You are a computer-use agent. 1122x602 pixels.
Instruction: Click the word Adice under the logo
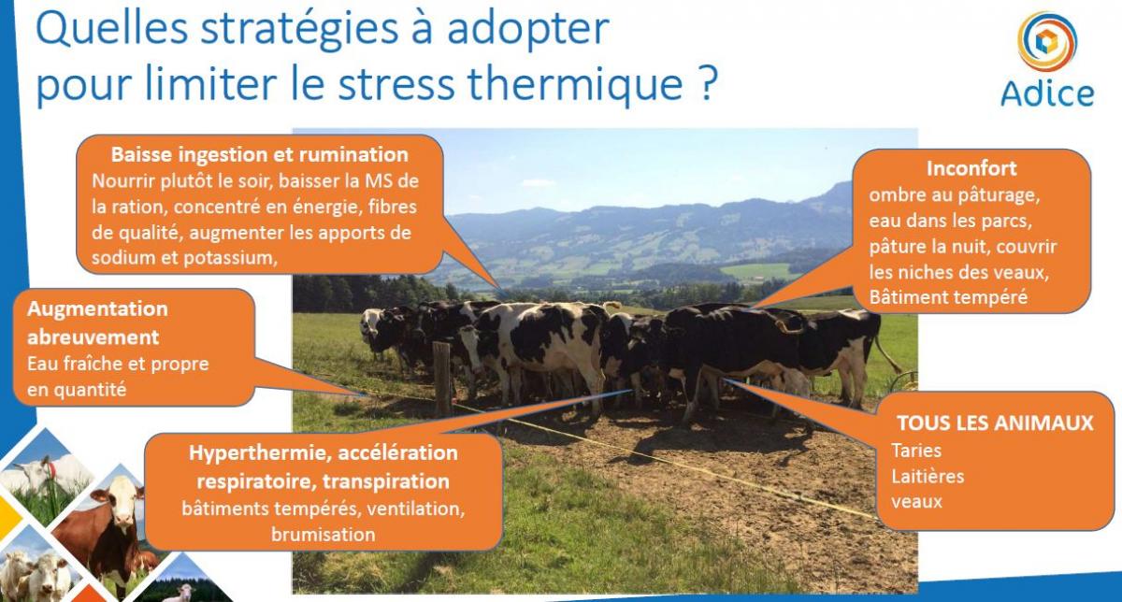coord(1047,93)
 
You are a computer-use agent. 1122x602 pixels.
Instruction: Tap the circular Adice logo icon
coord(1047,41)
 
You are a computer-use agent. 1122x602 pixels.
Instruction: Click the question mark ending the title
coord(707,81)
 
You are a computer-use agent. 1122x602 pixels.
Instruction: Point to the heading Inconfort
coord(971,168)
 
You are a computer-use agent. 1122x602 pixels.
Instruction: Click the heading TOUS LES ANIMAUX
coord(995,423)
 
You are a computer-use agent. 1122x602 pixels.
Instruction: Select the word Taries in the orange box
coord(916,451)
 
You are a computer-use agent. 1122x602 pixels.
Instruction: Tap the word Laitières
coord(928,476)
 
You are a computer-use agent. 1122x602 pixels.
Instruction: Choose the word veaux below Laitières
coord(916,502)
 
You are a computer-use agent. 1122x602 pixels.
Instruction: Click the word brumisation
coord(324,534)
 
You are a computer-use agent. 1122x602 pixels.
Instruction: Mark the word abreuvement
coord(93,337)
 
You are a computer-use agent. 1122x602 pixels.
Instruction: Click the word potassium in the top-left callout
coord(230,258)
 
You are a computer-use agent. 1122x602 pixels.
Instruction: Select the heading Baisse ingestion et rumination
coord(260,155)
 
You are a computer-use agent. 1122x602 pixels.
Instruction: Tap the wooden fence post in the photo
coord(442,380)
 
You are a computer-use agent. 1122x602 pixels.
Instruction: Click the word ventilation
coord(415,509)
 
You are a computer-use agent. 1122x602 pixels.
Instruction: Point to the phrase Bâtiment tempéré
coord(948,297)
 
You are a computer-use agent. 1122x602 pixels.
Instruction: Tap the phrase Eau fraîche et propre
coord(118,365)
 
